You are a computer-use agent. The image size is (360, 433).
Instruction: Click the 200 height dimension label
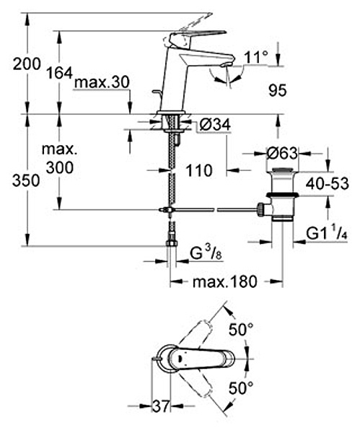tap(27, 65)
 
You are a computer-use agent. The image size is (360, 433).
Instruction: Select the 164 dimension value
tap(59, 73)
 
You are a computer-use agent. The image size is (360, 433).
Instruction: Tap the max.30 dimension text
tap(102, 82)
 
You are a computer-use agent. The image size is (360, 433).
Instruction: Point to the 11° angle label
tap(256, 58)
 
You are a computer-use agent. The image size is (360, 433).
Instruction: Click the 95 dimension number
tap(278, 90)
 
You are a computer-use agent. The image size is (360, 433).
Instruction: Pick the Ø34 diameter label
tap(215, 125)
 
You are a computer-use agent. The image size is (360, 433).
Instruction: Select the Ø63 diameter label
tap(282, 153)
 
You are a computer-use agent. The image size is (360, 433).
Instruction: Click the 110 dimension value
tap(199, 170)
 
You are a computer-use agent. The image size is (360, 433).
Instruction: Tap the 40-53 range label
tap(327, 183)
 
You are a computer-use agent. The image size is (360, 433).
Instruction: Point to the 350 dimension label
tap(26, 181)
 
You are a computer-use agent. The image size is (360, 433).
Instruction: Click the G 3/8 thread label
tap(206, 254)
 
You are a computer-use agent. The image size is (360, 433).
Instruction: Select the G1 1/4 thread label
tap(327, 234)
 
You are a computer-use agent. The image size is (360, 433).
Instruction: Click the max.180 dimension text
tap(225, 281)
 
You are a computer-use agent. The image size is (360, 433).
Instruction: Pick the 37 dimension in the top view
tap(161, 406)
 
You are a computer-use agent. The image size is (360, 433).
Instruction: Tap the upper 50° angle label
tap(241, 330)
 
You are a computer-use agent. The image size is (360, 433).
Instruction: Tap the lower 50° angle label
tap(241, 388)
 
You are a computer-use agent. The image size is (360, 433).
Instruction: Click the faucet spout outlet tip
tap(226, 65)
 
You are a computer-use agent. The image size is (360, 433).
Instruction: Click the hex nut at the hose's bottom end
tap(172, 243)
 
